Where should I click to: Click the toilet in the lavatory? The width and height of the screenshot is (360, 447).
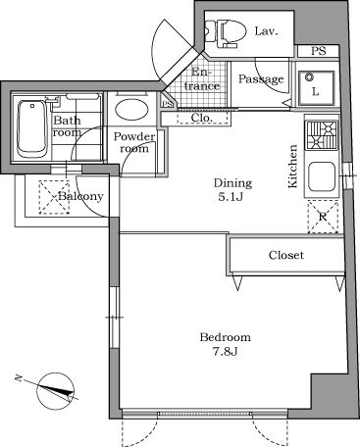click(227, 33)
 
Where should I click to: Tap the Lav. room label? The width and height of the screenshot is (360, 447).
click(266, 31)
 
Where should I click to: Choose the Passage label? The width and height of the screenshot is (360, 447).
click(261, 79)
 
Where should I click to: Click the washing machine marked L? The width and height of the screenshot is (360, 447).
click(316, 85)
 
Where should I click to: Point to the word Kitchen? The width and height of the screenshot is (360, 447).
click(292, 165)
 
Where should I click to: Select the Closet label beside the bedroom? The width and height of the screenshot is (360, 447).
click(286, 255)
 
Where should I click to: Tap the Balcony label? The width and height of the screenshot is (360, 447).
click(78, 196)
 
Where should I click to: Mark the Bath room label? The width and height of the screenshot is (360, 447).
click(67, 126)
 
